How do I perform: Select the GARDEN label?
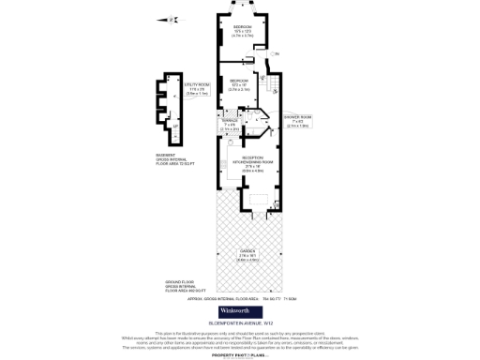point(247,256)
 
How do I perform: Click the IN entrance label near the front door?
point(277,53)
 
